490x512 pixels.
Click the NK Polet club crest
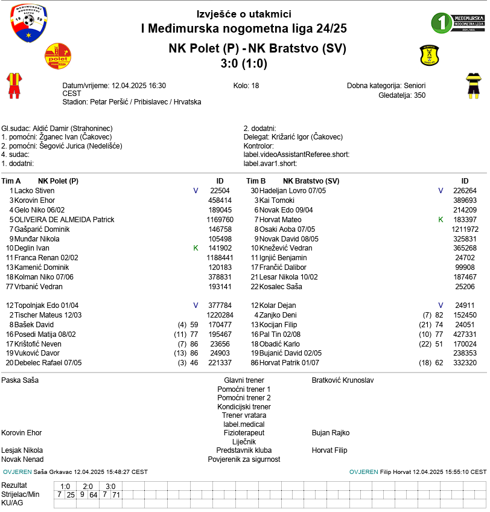click(59, 56)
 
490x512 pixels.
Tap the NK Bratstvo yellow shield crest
click(430, 56)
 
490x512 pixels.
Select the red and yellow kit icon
click(13, 85)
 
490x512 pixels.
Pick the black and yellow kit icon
click(472, 85)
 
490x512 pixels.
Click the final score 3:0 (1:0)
click(244, 63)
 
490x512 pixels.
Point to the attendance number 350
click(419, 95)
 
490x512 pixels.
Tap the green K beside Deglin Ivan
click(196, 248)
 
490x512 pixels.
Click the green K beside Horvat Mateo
click(441, 220)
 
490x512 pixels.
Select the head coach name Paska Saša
click(20, 380)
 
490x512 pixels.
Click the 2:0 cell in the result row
click(88, 486)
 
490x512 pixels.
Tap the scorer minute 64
click(94, 494)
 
